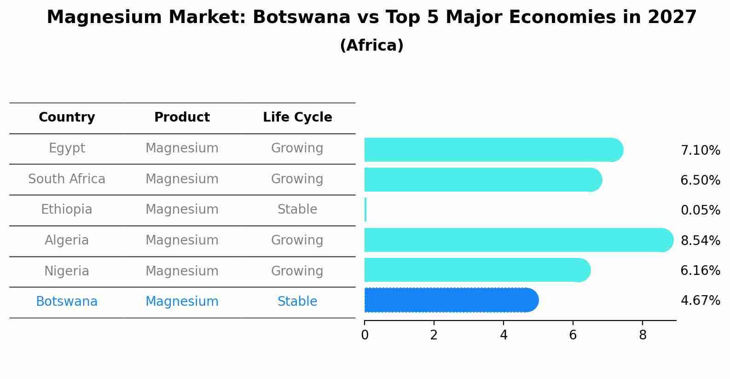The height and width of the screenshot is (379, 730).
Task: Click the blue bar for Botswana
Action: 451,300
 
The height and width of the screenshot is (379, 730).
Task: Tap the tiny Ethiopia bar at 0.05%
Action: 365,210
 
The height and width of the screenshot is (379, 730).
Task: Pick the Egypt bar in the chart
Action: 492,150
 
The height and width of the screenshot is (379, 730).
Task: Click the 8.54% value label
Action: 700,240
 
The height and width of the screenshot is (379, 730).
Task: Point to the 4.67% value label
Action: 700,301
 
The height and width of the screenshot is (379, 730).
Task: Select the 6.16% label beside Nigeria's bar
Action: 700,270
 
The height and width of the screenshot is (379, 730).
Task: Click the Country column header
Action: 67,117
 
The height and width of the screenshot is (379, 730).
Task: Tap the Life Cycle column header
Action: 297,117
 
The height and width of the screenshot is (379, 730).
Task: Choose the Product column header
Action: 182,117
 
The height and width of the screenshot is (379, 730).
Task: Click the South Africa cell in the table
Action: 67,179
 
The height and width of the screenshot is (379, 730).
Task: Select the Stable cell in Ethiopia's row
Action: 297,210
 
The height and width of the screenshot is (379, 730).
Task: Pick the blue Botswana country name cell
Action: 67,302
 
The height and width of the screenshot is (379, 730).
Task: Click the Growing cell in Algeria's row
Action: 297,240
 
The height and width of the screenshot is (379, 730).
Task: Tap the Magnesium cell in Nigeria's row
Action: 182,271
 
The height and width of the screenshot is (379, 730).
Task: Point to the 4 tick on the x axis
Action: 504,335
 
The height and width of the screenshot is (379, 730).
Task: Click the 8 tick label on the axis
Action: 643,335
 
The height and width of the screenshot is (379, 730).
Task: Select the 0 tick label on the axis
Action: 365,335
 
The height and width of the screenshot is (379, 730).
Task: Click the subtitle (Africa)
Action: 371,46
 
